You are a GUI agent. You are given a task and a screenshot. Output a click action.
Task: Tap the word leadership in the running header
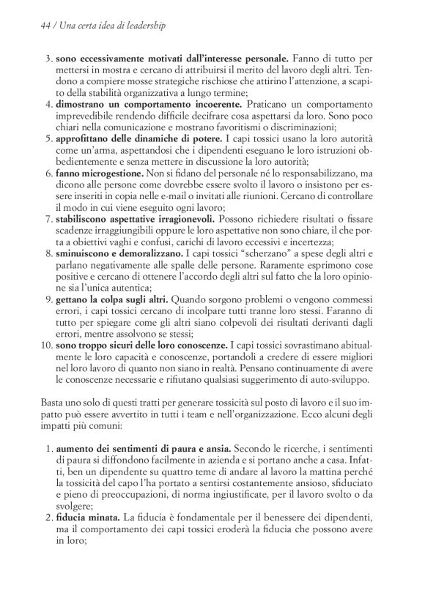point(141,25)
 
